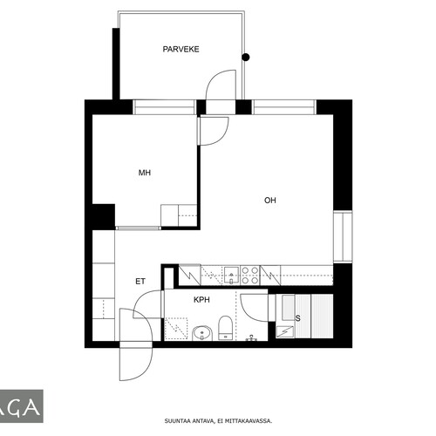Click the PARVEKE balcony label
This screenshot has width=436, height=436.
click(181, 49)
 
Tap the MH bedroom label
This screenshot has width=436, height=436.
click(145, 173)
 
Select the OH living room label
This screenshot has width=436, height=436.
click(270, 201)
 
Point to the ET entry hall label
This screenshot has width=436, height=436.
click(140, 282)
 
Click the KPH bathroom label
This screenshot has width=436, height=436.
click(201, 300)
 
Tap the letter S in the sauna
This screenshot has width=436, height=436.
click(297, 318)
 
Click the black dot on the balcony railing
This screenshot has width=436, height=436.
click(246, 58)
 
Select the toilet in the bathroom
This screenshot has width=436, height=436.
click(225, 328)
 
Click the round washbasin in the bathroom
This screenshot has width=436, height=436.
click(202, 333)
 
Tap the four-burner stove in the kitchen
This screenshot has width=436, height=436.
click(250, 276)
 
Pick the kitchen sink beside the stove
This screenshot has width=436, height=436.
click(231, 275)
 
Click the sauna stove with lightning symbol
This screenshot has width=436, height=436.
click(284, 331)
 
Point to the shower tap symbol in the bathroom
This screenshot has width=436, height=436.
click(251, 337)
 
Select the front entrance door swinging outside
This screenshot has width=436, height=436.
click(136, 361)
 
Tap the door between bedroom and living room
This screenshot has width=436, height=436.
click(213, 131)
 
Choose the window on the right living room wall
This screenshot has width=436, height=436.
click(343, 236)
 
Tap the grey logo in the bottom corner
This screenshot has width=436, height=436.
click(22, 406)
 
